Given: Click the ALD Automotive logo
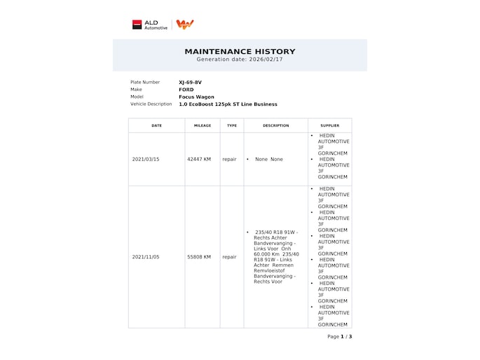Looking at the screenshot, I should click(x=150, y=25).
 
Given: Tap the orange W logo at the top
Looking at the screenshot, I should click(x=185, y=25).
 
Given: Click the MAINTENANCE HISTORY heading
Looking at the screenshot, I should click(x=240, y=51).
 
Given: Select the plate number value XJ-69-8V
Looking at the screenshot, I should click(x=190, y=83).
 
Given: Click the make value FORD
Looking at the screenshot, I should click(x=186, y=90).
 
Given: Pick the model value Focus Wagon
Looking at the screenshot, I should click(x=196, y=97).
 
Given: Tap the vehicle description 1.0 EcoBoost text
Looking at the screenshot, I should click(x=228, y=104).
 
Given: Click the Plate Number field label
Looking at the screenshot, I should click(x=145, y=83).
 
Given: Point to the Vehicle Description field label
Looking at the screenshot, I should click(x=151, y=104).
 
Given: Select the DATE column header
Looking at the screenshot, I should click(x=156, y=126).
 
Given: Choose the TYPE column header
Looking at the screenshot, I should click(x=232, y=126).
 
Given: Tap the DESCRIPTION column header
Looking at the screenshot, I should click(x=275, y=126).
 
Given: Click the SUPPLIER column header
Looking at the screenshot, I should click(x=329, y=126).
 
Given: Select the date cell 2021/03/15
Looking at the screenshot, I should click(x=146, y=160).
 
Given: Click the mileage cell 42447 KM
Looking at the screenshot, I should click(x=199, y=160).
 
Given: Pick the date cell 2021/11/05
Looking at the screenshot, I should click(x=146, y=257).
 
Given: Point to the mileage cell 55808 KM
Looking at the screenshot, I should click(x=199, y=257).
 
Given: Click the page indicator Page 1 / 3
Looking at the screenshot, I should click(x=339, y=337).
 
